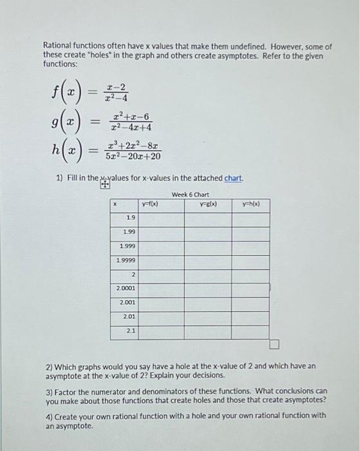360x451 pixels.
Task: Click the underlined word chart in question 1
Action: pos(233,178)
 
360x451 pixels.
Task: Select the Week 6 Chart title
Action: pos(191,194)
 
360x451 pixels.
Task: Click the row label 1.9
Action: pos(131,218)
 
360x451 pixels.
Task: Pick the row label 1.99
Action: pos(129,232)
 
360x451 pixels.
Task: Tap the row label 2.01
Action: pos(129,316)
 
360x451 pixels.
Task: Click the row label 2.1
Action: pos(131,331)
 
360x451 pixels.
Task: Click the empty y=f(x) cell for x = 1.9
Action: pos(161,218)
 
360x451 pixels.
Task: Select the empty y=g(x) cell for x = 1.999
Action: pos(208,247)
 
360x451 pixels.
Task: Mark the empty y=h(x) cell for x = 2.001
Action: pos(251,302)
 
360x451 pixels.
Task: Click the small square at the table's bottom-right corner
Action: pos(274,344)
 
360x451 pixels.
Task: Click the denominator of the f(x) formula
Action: pos(117,99)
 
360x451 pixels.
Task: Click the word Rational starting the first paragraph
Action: pos(58,47)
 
